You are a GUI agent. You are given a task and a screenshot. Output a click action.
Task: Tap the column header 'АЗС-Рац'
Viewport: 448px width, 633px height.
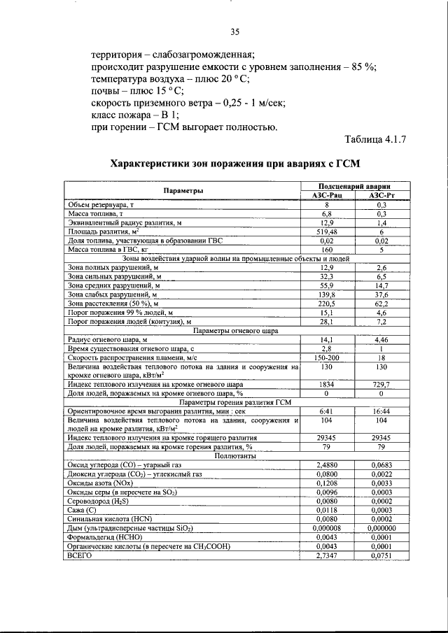click(x=325, y=197)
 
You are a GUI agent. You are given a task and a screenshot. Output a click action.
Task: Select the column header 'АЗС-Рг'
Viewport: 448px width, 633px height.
click(x=381, y=197)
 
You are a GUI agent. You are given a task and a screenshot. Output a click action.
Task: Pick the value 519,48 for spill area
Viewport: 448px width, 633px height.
click(x=325, y=231)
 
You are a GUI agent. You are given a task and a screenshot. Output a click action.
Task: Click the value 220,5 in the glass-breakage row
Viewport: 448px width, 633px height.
click(x=325, y=304)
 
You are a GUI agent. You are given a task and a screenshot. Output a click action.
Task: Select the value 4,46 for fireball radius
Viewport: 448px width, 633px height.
click(x=381, y=339)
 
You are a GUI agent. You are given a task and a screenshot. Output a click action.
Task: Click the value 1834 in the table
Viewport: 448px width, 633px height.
click(x=325, y=385)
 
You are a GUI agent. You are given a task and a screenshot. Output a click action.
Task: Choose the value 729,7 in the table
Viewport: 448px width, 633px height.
click(x=381, y=385)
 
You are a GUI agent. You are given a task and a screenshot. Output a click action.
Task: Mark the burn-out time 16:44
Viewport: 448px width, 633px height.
click(x=381, y=412)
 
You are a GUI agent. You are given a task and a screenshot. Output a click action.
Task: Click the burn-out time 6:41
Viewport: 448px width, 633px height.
click(x=325, y=412)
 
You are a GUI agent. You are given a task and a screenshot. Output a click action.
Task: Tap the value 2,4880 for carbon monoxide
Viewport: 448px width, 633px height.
click(x=325, y=465)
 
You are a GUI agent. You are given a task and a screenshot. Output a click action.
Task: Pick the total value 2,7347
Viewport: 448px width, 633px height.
click(x=325, y=556)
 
